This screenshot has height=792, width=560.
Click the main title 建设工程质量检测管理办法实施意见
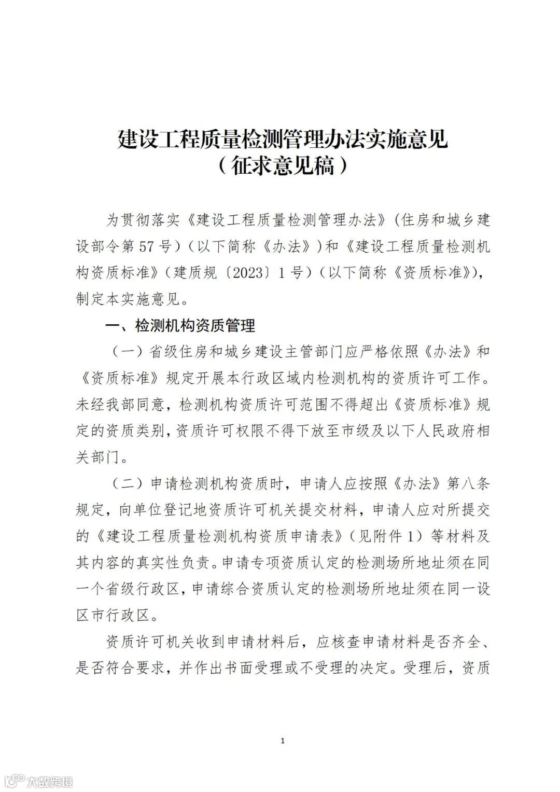tap(283, 140)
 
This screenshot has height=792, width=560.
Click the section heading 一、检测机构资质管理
tap(180, 326)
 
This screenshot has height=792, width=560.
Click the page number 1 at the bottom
tap(282, 741)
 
